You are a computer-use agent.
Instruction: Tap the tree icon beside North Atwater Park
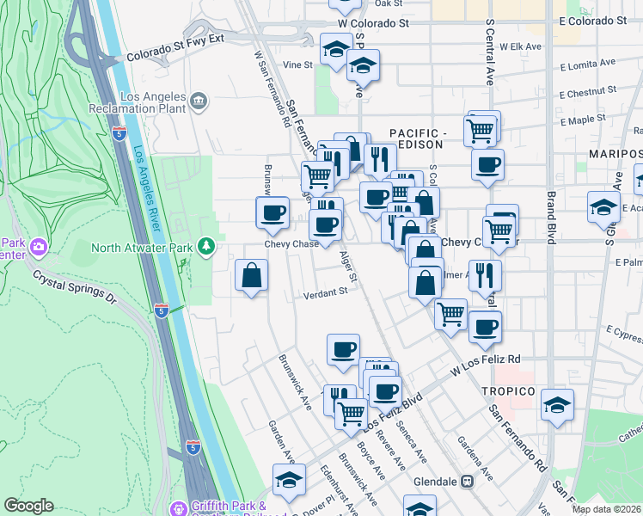(x=205, y=248)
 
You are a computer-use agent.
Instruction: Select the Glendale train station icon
(x=468, y=482)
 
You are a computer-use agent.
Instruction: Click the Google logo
(x=28, y=506)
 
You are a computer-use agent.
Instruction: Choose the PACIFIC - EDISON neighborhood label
(x=419, y=139)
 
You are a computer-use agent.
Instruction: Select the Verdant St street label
(x=325, y=292)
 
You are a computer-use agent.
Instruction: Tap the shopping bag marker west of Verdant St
(x=251, y=277)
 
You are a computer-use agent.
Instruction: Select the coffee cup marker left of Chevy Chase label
(x=273, y=212)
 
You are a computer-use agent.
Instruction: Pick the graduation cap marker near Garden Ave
(x=289, y=481)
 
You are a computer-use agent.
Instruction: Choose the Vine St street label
(x=297, y=64)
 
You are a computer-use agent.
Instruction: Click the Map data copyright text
(x=606, y=509)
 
